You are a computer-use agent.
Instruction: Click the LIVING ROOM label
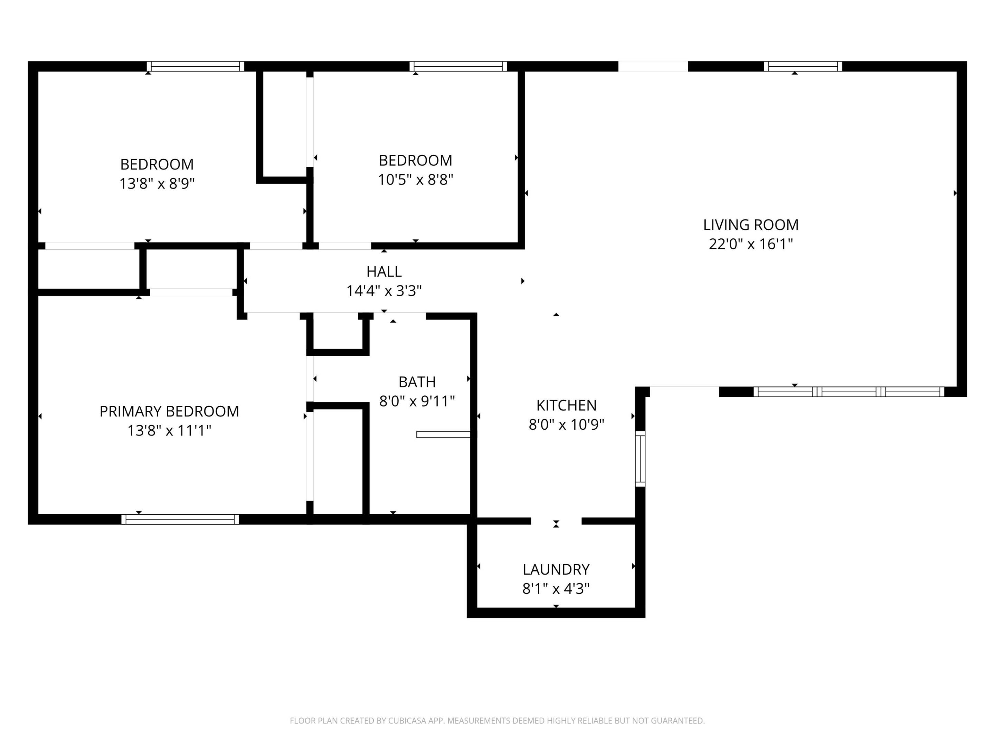click(x=750, y=224)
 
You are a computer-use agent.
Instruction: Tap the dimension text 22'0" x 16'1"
click(x=750, y=244)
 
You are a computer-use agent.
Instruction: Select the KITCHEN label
click(x=566, y=405)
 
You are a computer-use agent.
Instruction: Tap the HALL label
click(x=384, y=271)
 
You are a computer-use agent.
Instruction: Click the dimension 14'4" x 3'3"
click(x=384, y=291)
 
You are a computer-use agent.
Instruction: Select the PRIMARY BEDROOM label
click(x=169, y=411)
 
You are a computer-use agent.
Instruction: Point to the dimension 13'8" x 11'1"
click(x=169, y=431)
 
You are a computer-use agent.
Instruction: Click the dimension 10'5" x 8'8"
click(x=415, y=180)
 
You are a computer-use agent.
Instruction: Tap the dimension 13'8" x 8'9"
click(x=157, y=184)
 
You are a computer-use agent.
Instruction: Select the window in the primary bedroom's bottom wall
click(x=180, y=519)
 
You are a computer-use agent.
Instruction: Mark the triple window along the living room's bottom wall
click(x=849, y=392)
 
